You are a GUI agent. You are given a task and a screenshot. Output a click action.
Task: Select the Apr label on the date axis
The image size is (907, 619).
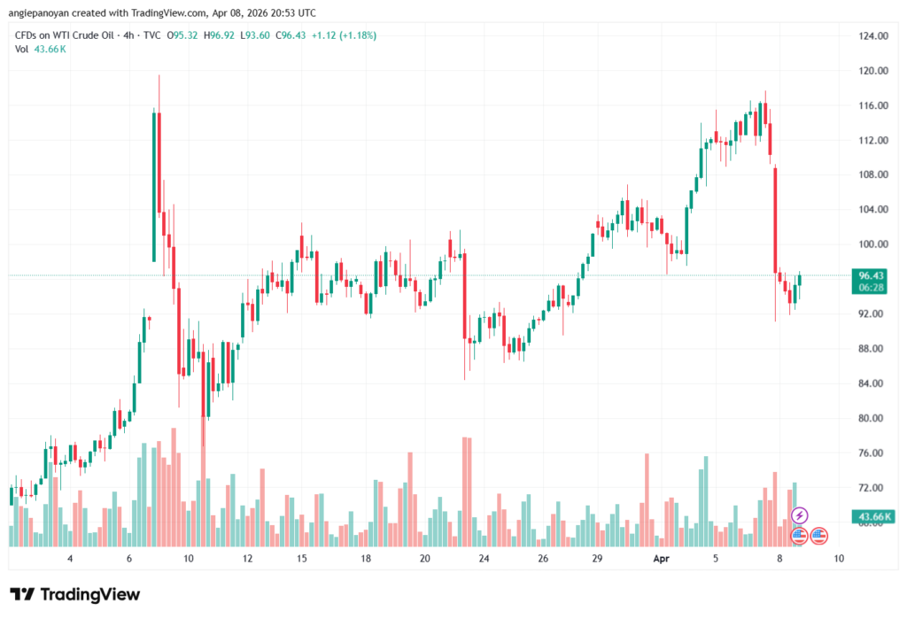pos(661,559)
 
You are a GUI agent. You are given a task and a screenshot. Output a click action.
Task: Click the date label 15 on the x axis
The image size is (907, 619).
pos(302,559)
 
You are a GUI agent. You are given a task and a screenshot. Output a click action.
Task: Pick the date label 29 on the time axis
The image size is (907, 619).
pos(598,559)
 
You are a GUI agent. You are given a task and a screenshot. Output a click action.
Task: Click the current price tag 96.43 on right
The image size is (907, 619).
pos(866,275)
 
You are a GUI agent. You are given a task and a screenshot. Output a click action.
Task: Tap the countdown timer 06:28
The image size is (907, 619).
pos(866,287)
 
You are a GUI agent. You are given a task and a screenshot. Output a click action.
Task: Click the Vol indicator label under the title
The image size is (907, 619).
pos(21,49)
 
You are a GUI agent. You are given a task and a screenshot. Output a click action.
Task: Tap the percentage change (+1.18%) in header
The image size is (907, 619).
pos(353,35)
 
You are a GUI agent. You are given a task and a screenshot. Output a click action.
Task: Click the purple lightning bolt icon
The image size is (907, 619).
pos(800,515)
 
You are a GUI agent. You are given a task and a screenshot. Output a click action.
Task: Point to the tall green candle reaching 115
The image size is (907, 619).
pos(154,186)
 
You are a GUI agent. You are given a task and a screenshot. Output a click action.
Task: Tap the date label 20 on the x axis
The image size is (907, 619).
pos(425,559)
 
